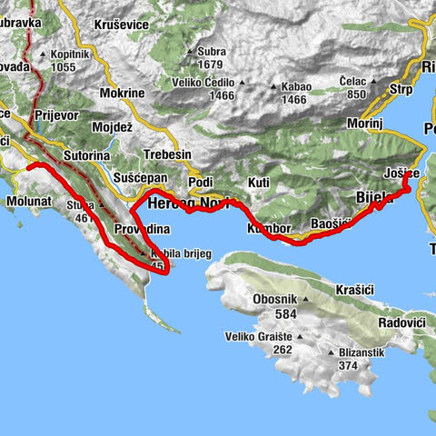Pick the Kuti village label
point(259,183)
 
